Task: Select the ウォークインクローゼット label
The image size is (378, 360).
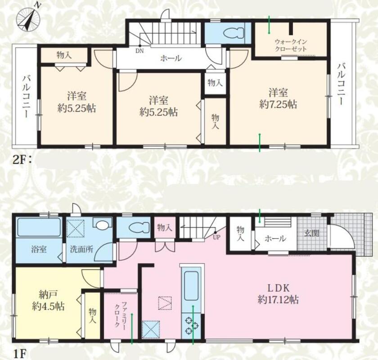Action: [291, 45]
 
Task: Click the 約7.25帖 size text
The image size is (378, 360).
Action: [278, 105]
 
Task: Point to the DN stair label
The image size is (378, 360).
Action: [139, 51]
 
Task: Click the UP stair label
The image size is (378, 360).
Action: [216, 237]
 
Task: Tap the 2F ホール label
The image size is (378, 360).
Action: [171, 58]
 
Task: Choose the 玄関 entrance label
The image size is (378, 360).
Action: [312, 233]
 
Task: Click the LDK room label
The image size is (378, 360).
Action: [279, 288]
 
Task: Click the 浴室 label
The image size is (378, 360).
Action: [39, 249]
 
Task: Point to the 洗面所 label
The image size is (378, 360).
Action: [81, 249]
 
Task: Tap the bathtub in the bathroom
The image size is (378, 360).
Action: [39, 227]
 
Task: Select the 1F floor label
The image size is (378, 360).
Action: [19, 354]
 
